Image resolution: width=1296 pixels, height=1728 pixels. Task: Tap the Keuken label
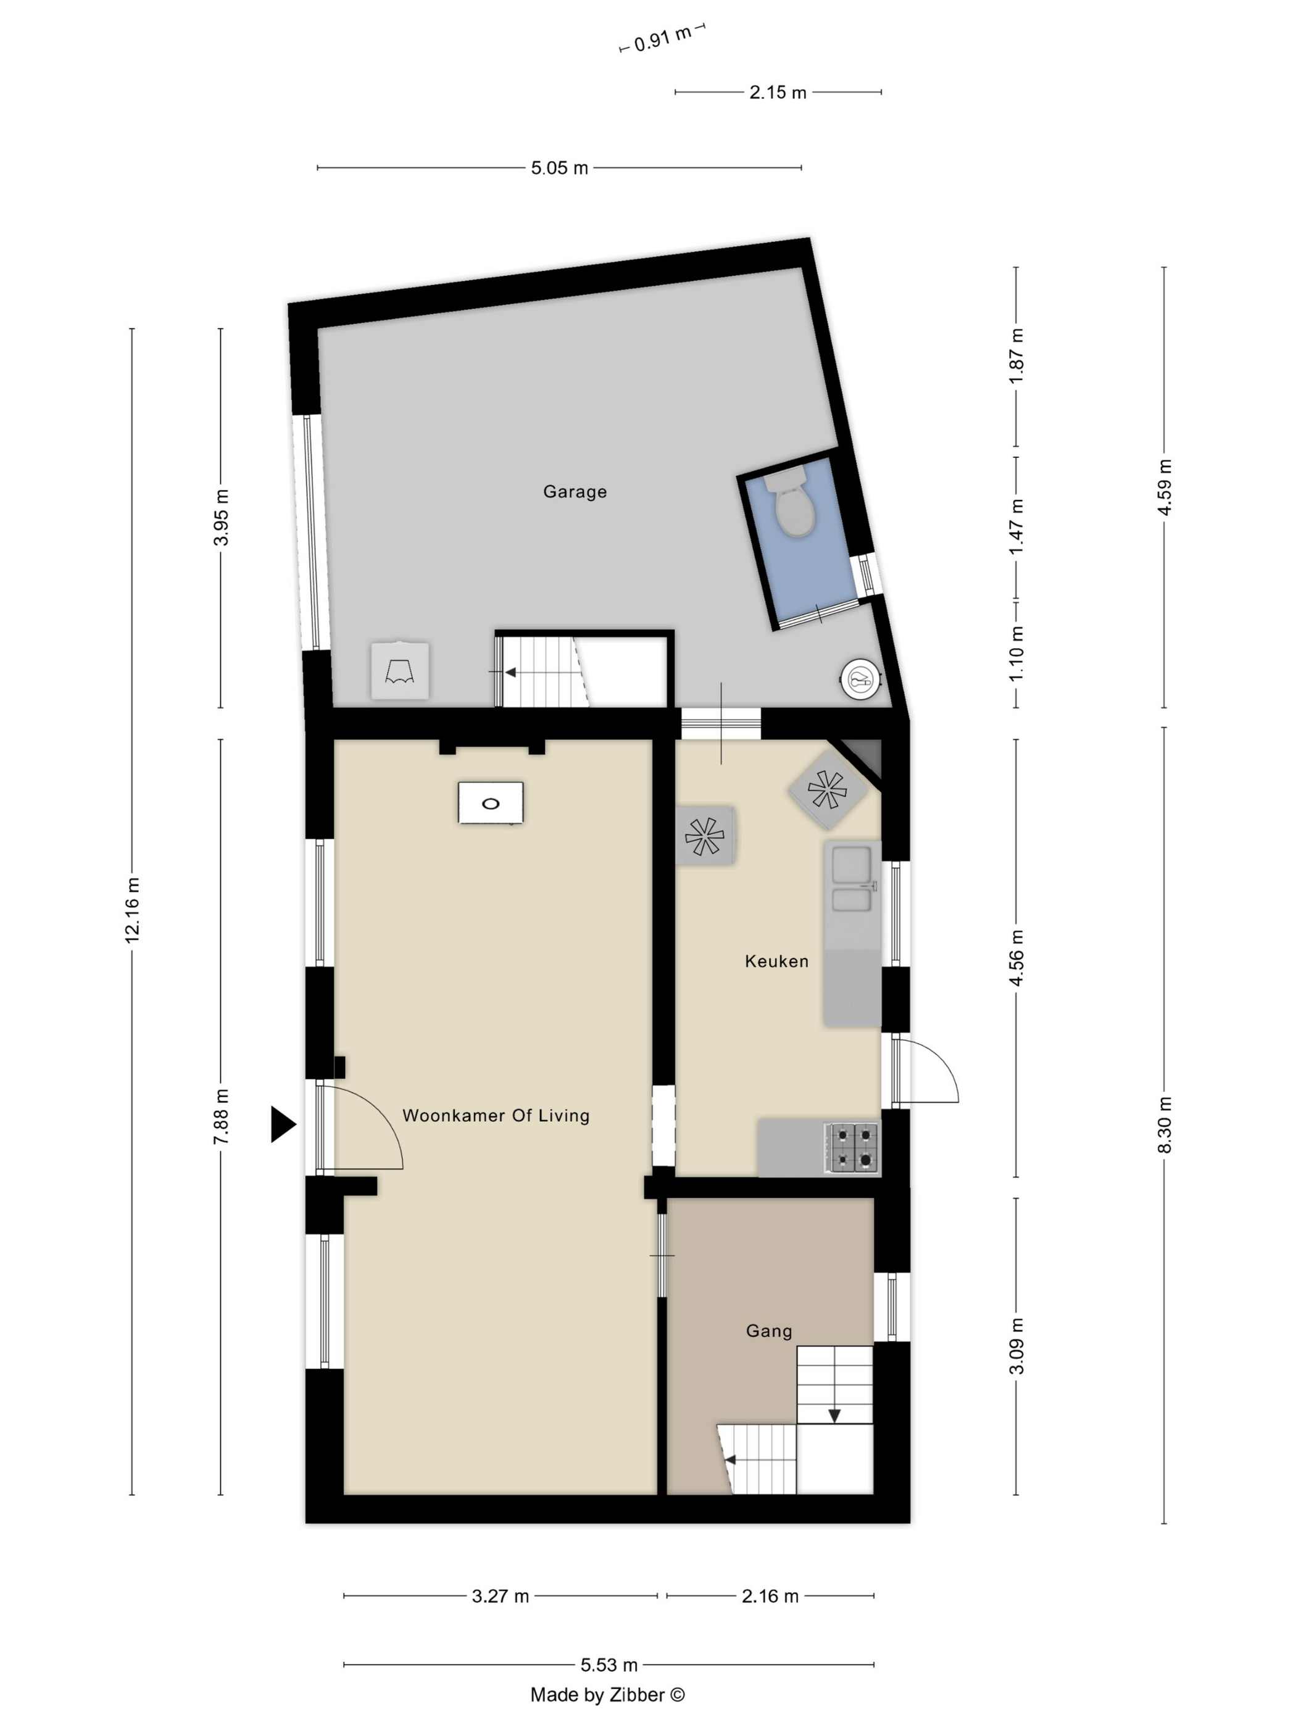[776, 961]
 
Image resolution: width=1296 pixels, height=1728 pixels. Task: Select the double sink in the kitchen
[852, 878]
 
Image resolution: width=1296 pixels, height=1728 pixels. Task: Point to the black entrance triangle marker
[282, 1124]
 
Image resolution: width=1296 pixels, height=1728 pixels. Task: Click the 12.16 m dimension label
[132, 910]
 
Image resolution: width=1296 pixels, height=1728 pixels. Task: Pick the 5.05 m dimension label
[559, 168]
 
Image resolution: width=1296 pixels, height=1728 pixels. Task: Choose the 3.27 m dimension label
[500, 1596]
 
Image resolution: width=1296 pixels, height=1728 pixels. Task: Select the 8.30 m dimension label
[1164, 1124]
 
